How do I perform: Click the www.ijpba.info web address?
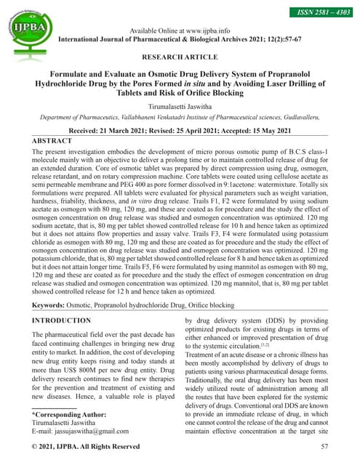pos(207,31)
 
